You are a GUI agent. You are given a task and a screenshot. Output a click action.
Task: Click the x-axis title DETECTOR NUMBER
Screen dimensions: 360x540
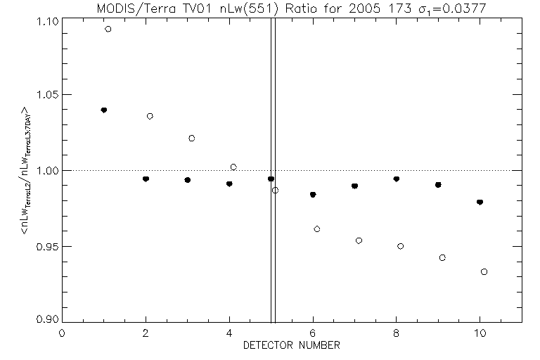point(291,346)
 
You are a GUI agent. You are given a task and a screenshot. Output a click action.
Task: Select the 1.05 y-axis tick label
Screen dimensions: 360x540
point(46,95)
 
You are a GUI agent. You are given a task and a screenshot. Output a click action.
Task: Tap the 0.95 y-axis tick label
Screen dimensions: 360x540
point(46,247)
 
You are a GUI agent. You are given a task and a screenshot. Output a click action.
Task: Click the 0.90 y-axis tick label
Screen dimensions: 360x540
point(46,319)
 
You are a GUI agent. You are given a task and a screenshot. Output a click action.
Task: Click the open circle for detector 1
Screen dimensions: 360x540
point(108,29)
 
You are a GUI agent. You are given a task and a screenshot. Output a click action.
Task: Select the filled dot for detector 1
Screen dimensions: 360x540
point(104,110)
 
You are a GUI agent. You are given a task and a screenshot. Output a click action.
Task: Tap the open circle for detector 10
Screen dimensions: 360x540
point(484,271)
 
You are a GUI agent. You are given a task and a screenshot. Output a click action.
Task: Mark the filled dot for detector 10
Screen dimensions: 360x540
point(480,202)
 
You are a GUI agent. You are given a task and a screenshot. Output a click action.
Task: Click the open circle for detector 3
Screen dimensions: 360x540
point(191,138)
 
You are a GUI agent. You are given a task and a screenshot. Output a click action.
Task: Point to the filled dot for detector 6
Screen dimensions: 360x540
point(313,195)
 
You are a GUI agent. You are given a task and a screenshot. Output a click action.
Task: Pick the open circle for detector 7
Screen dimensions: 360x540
point(359,240)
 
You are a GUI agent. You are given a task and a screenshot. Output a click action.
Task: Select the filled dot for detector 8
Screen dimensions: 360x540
point(397,179)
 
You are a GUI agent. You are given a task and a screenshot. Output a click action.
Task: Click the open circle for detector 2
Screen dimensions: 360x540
point(150,116)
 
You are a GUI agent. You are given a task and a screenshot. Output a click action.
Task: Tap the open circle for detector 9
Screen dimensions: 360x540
point(442,258)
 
